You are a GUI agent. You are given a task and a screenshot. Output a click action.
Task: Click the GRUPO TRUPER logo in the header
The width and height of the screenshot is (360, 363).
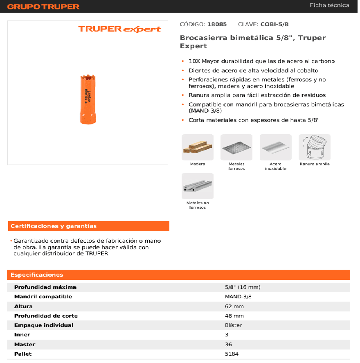pos(43,7)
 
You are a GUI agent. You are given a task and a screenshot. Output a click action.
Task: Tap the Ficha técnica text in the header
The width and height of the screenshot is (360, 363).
pos(329,5)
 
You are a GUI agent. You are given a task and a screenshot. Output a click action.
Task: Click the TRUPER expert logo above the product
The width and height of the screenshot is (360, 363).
pos(119,29)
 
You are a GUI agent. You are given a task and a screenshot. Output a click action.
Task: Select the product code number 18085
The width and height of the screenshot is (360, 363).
pos(217,25)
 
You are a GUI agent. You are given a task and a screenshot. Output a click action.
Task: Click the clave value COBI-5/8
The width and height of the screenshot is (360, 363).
pos(277,25)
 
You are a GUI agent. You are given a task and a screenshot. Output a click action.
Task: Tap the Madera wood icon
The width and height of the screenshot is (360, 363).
pos(198,147)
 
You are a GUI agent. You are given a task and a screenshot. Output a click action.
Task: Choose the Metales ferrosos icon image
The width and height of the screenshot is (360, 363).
pos(236,147)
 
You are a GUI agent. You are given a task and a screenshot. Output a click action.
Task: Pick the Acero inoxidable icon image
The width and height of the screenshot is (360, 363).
pos(275,147)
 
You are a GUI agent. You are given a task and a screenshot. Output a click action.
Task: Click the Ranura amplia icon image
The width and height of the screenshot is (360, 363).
pos(314,147)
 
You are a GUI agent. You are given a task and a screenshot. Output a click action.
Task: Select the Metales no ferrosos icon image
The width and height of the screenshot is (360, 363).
pos(198,186)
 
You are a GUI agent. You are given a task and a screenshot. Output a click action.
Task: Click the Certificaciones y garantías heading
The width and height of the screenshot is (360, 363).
pos(54,226)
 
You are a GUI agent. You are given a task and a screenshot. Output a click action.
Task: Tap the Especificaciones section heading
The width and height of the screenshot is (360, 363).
pos(37,275)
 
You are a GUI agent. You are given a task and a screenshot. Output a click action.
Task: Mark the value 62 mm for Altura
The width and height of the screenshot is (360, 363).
pos(234,306)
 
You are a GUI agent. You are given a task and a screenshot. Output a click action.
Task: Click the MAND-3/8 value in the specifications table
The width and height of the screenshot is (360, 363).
pos(238,297)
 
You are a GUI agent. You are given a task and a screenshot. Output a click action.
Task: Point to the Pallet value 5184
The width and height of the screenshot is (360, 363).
pos(232,354)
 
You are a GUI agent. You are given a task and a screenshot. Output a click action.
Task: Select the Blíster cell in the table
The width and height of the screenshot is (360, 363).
pos(233,325)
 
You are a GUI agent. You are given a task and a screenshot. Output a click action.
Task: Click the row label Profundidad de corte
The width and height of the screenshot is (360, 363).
pos(46,316)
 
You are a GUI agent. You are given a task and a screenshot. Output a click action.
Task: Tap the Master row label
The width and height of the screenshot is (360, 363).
pos(25,344)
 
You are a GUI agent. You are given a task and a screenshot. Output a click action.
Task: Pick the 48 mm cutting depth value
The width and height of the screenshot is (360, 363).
pos(234,316)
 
